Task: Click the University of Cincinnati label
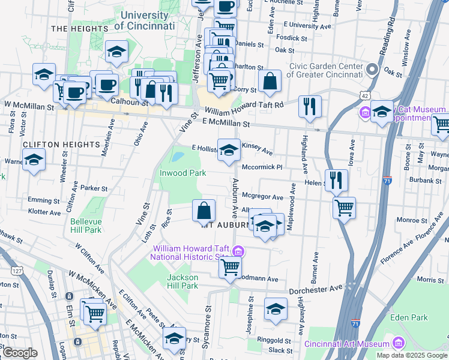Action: (x=144, y=20)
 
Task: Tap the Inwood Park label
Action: (x=182, y=173)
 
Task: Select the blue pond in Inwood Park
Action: (x=178, y=157)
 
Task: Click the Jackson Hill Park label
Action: (x=182, y=281)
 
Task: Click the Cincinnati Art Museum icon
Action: (x=397, y=344)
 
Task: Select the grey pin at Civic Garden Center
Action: (x=372, y=70)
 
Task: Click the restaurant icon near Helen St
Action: (x=336, y=179)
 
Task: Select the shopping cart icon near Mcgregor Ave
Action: (x=344, y=208)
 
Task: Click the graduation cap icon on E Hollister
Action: (x=228, y=150)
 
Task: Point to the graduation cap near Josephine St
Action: (x=276, y=308)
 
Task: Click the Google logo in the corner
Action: (x=20, y=353)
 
